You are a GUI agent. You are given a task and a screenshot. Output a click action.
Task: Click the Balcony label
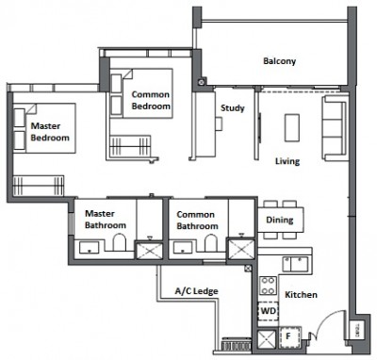click(x=279, y=60)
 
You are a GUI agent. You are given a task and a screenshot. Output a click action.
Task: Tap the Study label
click(x=232, y=108)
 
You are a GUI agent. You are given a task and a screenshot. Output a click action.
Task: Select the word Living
click(x=287, y=161)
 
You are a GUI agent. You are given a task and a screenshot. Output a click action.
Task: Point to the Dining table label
click(x=280, y=220)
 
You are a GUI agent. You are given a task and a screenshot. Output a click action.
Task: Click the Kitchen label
click(x=301, y=295)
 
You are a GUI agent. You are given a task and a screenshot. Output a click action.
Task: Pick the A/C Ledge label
click(x=196, y=291)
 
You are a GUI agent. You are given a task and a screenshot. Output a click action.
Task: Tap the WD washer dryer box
click(x=268, y=311)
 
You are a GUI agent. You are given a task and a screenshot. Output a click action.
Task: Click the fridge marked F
click(x=289, y=337)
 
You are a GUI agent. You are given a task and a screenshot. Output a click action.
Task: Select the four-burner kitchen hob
click(x=268, y=286)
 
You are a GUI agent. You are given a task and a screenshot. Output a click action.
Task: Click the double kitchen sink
click(x=295, y=264)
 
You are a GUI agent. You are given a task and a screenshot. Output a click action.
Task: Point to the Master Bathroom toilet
click(x=120, y=242)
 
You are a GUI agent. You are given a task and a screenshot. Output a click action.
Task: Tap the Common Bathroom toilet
click(x=211, y=243)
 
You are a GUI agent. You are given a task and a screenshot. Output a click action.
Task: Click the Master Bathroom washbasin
click(x=90, y=248)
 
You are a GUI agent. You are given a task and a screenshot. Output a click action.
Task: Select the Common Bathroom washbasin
click(x=183, y=248)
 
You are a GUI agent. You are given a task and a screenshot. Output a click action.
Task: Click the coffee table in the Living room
click(x=292, y=127)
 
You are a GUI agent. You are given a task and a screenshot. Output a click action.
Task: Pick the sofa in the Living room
click(x=335, y=128)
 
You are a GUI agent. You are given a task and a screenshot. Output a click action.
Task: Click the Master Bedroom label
click(x=50, y=132)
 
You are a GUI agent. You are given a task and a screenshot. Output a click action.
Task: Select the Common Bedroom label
click(x=151, y=100)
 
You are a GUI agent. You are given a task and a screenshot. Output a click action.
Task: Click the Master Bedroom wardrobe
click(x=39, y=186)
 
